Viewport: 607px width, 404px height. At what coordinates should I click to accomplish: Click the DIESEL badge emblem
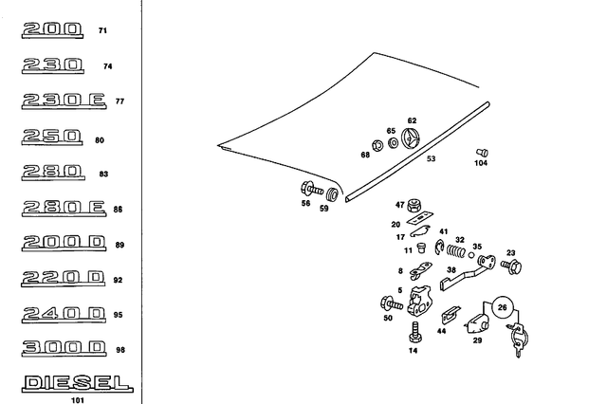point(76,383)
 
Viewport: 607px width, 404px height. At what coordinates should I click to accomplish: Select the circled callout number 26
point(503,306)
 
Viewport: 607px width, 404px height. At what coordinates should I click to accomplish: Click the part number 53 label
point(432,159)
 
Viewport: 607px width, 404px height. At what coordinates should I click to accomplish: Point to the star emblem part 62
point(412,139)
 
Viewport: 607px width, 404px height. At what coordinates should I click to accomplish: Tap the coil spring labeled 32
point(458,253)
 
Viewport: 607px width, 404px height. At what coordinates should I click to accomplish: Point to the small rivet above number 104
point(481,152)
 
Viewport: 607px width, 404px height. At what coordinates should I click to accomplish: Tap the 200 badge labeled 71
point(54,30)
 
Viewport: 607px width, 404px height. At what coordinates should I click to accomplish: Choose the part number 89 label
point(120,246)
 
